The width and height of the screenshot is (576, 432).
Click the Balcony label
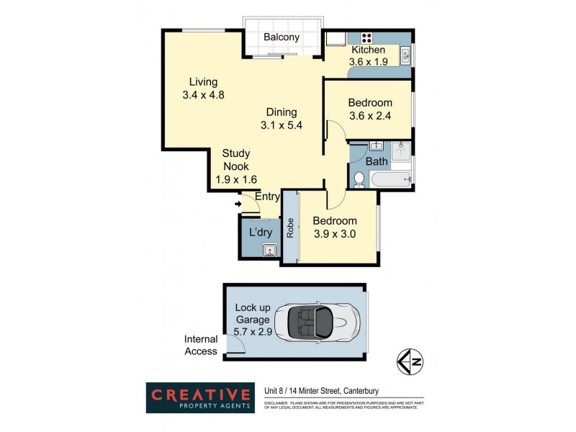[x=281, y=37]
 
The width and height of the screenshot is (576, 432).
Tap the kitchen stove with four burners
[x=366, y=39]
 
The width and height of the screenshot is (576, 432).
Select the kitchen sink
[x=405, y=55]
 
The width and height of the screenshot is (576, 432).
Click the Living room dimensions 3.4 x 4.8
[x=204, y=94]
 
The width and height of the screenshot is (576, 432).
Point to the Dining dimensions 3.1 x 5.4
[x=281, y=125]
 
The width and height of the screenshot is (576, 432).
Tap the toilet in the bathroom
[x=358, y=179]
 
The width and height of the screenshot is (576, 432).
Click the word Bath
[x=377, y=162]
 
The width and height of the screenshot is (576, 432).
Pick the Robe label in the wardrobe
[x=290, y=228]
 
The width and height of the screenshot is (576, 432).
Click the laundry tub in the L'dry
[x=269, y=250]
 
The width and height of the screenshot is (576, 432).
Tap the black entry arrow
[x=238, y=204]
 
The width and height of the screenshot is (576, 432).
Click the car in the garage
[x=322, y=323]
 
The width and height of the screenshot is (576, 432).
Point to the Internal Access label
[x=201, y=345]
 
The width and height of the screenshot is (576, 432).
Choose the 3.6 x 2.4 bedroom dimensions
[x=369, y=115]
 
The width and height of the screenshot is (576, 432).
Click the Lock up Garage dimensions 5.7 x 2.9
[x=252, y=333]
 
